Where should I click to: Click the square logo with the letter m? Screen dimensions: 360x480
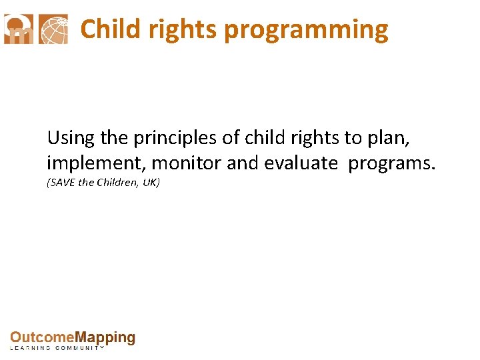[19, 29]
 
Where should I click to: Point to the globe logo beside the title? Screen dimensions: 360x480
[53, 29]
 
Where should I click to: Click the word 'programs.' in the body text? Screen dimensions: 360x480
[391, 163]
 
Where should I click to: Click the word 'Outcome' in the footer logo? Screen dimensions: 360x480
[41, 338]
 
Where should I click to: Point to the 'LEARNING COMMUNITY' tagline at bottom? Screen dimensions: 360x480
[57, 348]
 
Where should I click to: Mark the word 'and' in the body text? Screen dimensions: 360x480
[240, 163]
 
